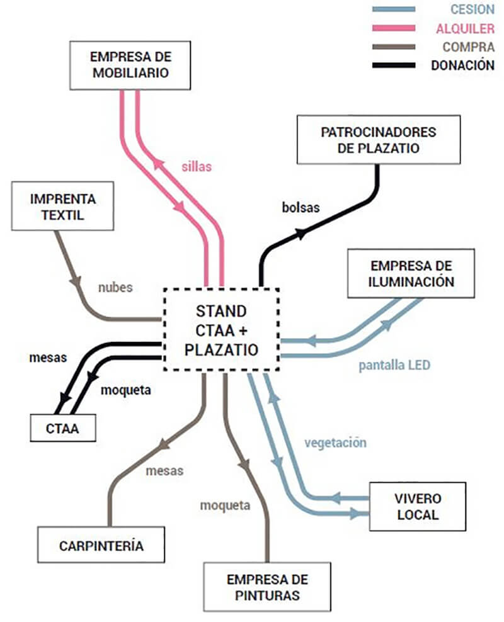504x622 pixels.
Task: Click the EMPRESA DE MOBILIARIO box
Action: pos(130,65)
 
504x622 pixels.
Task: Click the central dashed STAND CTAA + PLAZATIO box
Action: pos(222,331)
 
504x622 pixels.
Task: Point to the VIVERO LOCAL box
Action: pos(418,507)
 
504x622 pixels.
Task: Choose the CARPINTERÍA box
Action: pos(101,545)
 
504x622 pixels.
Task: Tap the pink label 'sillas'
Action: pos(198,167)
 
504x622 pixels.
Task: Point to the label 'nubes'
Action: pos(115,287)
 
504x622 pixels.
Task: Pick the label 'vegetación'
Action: pos(335,443)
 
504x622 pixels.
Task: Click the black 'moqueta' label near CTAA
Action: pos(126,390)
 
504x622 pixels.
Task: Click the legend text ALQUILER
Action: pos(465,28)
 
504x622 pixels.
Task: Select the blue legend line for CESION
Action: pos(394,9)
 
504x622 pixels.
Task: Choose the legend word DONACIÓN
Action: pos(462,65)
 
